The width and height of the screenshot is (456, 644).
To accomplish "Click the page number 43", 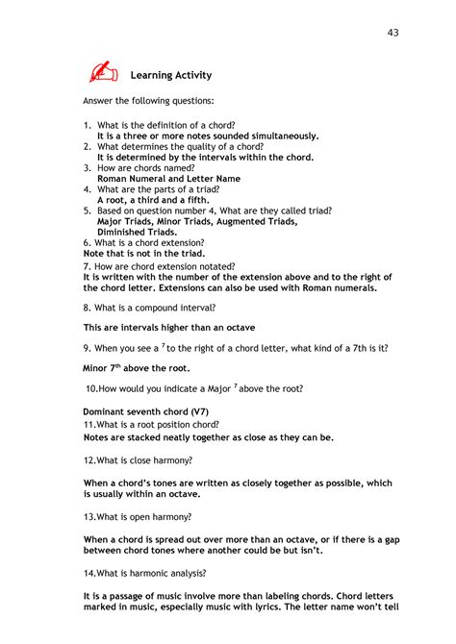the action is point(393,34).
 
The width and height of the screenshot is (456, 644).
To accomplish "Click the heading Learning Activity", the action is point(171,75).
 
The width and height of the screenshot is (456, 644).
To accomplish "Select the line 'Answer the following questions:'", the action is point(148,100).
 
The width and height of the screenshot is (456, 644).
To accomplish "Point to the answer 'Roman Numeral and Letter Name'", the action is point(168,179).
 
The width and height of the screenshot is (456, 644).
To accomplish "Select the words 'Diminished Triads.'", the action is point(137,232).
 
